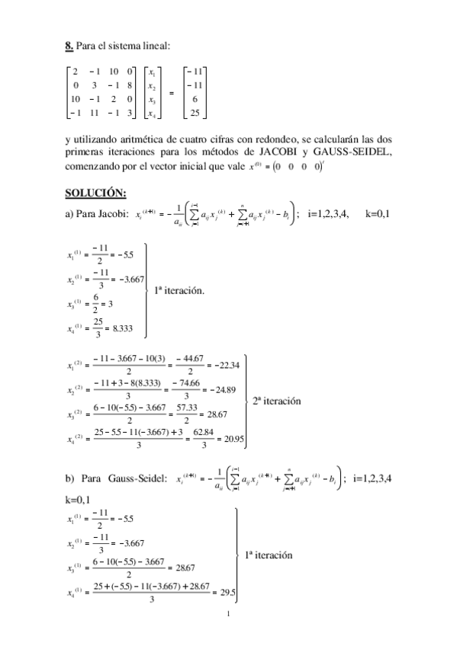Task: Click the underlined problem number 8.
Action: pos(69,46)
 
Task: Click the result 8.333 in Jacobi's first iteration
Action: pos(132,327)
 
